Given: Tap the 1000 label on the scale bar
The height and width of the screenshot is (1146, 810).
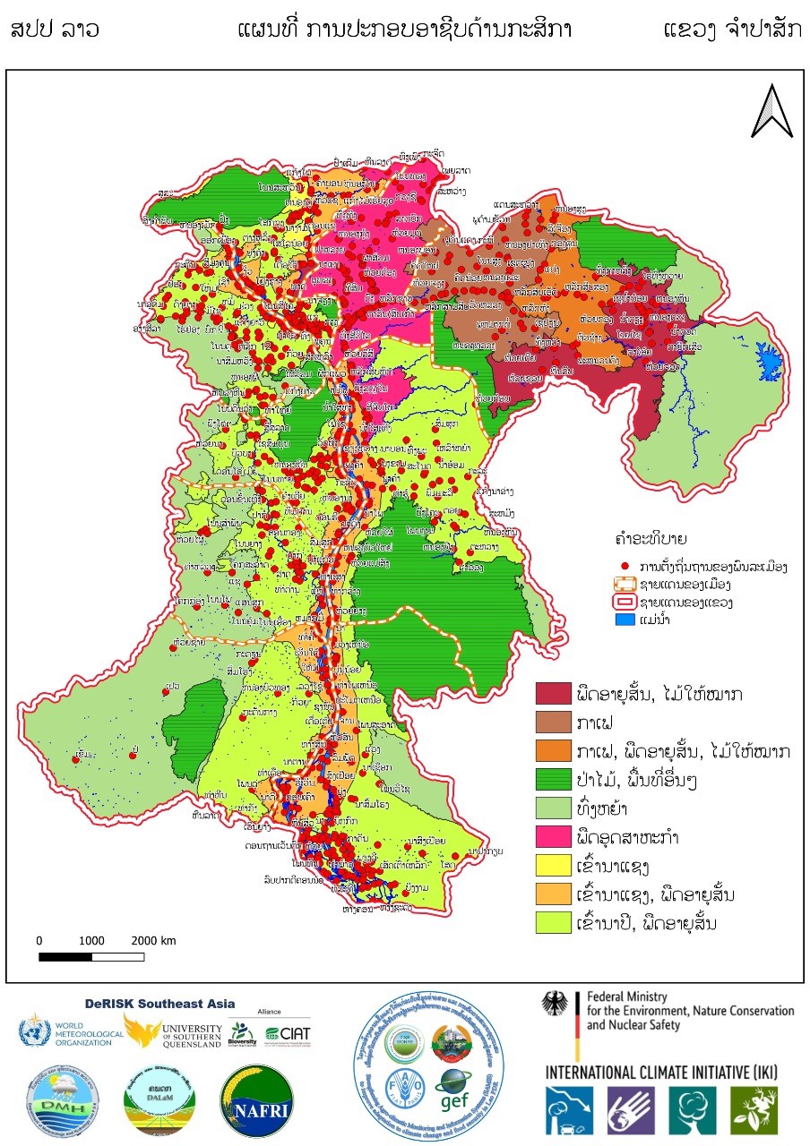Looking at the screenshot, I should (x=90, y=941).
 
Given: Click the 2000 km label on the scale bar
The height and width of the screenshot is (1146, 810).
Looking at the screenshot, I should (x=152, y=941).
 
